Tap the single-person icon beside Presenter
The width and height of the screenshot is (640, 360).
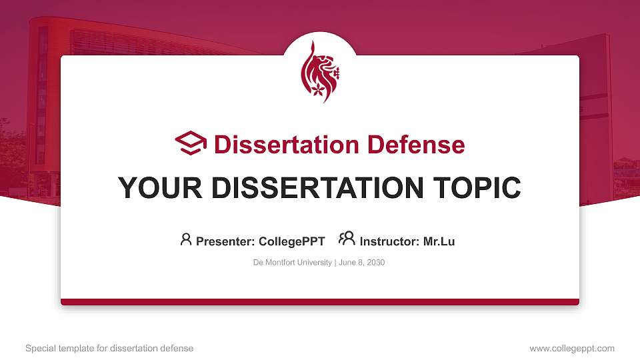pyautogui.click(x=186, y=239)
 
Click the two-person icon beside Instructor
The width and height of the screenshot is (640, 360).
pyautogui.click(x=347, y=239)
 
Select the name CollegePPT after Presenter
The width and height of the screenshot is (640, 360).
pyautogui.click(x=292, y=241)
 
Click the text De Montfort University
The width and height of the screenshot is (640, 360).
pyautogui.click(x=292, y=263)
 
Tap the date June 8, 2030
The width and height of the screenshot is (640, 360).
pyautogui.click(x=361, y=263)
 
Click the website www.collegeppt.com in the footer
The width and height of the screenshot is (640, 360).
pyautogui.click(x=571, y=348)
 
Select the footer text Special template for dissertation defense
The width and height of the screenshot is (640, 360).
pyautogui.click(x=109, y=348)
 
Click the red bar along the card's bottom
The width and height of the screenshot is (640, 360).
pyautogui.click(x=320, y=302)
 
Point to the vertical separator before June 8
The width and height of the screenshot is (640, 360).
pyautogui.click(x=335, y=263)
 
